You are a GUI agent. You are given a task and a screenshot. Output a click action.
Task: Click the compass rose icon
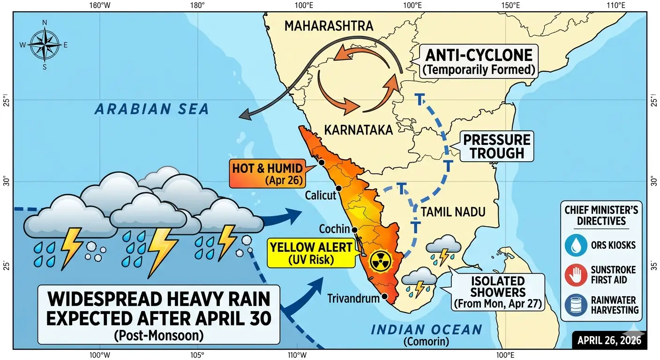pos(45,45)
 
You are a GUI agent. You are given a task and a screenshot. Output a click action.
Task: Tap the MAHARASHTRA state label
pos(329,26)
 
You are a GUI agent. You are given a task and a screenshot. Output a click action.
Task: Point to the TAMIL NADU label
pos(452,212)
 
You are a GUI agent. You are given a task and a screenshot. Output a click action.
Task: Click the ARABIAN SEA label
pos(151,109)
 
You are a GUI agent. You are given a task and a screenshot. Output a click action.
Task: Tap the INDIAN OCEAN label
pos(426,330)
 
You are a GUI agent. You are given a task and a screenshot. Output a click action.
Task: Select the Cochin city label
pos(334,229)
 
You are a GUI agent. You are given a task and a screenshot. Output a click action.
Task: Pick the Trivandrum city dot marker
pos(384,296)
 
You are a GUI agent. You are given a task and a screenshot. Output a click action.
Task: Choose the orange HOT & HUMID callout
pos(266,173)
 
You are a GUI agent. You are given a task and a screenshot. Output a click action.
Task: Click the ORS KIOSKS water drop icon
pos(573,246)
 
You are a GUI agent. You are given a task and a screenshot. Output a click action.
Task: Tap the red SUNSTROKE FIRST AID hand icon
pos(573,275)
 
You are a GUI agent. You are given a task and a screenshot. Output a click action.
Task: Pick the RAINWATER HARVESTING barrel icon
pos(573,305)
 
